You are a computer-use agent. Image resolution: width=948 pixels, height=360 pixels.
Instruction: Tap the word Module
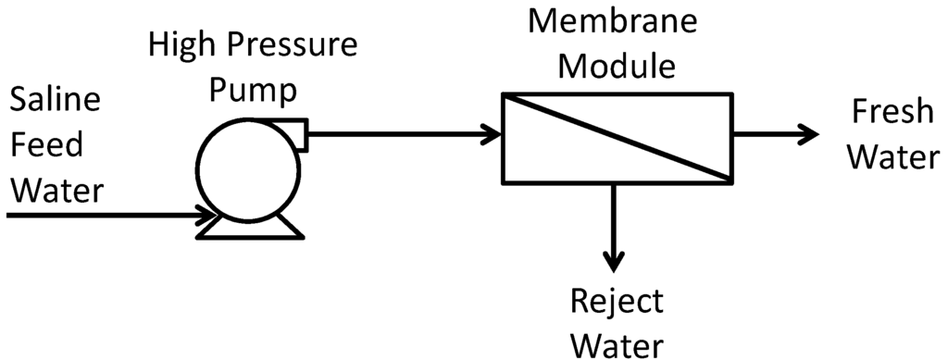[x=617, y=66]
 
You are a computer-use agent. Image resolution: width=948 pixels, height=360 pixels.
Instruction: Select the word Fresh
[x=892, y=114]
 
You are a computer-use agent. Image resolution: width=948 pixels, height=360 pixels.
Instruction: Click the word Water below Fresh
[x=894, y=157]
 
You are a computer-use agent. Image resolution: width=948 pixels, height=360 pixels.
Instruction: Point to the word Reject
[x=617, y=302]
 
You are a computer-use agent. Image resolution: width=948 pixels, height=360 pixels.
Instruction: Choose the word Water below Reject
[x=617, y=344]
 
